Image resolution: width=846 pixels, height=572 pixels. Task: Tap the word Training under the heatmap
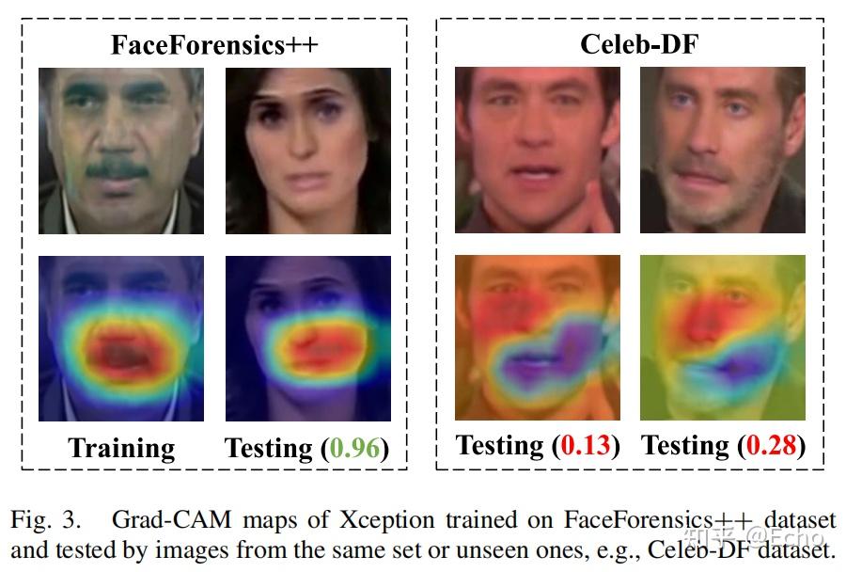click(x=121, y=449)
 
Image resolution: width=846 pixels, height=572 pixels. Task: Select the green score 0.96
click(x=356, y=449)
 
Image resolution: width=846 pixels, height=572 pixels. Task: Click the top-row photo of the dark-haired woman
click(x=307, y=151)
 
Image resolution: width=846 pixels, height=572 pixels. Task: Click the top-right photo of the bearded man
click(x=722, y=151)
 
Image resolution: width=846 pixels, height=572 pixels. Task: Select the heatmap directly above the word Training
click(x=120, y=339)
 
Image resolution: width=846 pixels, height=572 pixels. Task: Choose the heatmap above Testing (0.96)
click(x=307, y=339)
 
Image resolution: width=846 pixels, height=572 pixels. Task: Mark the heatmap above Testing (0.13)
click(x=537, y=337)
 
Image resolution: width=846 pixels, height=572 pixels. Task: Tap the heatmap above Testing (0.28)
click(x=722, y=337)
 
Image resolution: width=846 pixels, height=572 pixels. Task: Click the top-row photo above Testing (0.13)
click(x=537, y=151)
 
